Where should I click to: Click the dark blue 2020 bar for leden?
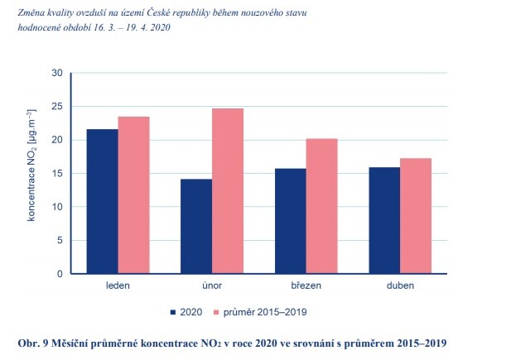(x=102, y=201)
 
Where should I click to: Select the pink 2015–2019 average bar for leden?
(x=133, y=195)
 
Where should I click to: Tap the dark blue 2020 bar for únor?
(x=196, y=226)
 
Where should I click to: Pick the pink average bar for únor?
(x=228, y=191)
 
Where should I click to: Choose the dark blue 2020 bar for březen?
(x=291, y=221)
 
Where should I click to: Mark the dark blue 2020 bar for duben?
(x=385, y=220)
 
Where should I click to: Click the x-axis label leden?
(x=118, y=286)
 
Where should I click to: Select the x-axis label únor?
(x=212, y=286)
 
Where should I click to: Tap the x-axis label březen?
(x=306, y=286)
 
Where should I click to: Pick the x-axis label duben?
(x=401, y=286)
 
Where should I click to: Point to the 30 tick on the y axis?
(x=57, y=73)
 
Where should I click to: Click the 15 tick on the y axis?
(x=57, y=173)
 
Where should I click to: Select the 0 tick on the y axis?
(x=60, y=274)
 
